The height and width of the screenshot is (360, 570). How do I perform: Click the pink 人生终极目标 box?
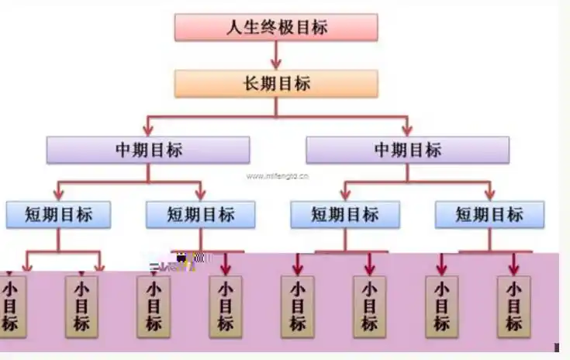point(276,27)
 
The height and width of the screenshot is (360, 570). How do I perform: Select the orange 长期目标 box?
point(276,84)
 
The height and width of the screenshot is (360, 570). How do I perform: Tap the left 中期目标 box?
point(147,150)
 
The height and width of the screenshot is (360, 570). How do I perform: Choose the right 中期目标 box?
point(407,150)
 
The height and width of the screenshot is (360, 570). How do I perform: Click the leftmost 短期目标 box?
point(58,214)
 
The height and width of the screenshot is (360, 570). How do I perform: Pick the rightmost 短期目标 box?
point(489,214)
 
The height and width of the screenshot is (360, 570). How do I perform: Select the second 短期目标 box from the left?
point(201,214)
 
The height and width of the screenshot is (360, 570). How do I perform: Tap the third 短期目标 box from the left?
point(345,214)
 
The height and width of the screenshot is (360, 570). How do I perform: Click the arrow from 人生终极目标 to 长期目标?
point(276,54)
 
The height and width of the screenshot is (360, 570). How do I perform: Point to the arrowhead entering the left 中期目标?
point(147,130)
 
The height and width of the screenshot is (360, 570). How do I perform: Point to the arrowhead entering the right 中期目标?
point(407,130)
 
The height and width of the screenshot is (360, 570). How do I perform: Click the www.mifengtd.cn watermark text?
point(278,176)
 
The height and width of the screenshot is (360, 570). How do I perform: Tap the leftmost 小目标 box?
point(10,306)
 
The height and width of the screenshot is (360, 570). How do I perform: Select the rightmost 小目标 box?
point(513,306)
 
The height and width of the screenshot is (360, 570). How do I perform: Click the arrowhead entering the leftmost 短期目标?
point(58,194)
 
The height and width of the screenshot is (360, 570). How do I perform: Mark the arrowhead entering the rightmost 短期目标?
point(489,194)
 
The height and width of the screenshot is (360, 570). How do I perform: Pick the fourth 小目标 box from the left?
point(225,306)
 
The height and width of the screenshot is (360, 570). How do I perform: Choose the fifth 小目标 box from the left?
point(297,306)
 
